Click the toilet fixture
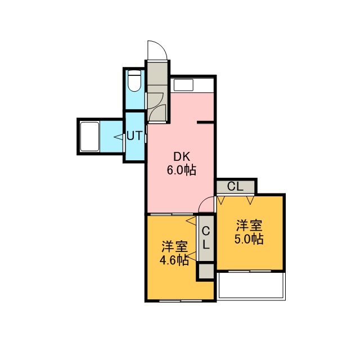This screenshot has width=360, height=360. click(134, 81)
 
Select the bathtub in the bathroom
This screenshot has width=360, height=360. click(89, 136)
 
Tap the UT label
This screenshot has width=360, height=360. click(134, 136)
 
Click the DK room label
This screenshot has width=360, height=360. click(182, 157)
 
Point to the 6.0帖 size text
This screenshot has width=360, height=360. click(181, 170)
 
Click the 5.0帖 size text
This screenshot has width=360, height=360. click(249, 239)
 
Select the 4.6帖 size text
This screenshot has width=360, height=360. click(174, 260)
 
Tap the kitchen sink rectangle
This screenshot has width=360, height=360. click(183, 85)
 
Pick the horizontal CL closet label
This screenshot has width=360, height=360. click(235, 187)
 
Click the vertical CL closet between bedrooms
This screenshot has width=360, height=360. click(206, 238)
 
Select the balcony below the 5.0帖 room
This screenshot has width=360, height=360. click(251, 286)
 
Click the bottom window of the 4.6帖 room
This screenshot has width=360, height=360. click(181, 300)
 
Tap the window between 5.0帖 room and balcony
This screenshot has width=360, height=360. click(250, 271)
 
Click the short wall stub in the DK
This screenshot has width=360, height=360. click(205, 122)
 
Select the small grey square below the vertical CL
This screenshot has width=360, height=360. click(206, 271)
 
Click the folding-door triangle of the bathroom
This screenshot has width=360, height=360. click(119, 137)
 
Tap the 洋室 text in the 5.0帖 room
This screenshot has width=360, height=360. click(249, 226)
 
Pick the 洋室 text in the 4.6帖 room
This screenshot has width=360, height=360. click(175, 247)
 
